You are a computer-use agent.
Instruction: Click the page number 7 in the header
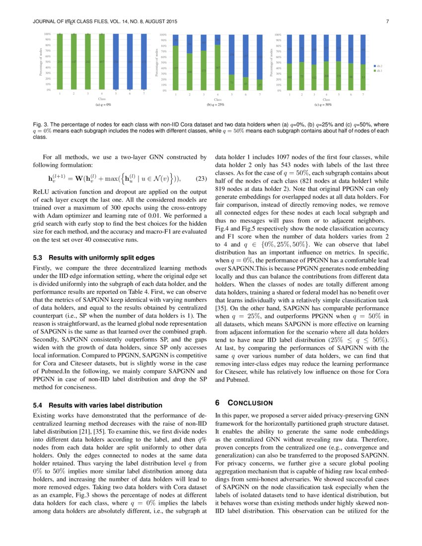tap(387, 21)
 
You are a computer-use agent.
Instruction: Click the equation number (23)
tap(199, 179)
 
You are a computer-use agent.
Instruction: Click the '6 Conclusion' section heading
tap(244, 402)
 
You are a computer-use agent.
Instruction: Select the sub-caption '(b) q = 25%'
tap(216, 105)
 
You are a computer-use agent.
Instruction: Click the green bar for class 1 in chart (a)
tap(60, 62)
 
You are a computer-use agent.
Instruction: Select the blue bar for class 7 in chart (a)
tap(144, 62)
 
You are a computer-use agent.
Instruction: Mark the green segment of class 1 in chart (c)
tap(289, 77)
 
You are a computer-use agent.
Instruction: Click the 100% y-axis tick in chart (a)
tap(47, 34)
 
